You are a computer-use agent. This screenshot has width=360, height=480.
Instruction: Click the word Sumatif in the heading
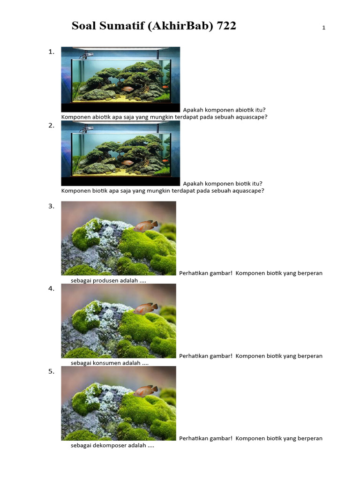click(x=121, y=26)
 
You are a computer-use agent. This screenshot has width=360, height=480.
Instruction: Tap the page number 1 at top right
click(x=323, y=28)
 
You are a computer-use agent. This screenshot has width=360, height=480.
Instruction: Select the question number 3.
click(x=51, y=206)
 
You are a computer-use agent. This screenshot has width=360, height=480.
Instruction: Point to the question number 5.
click(x=51, y=371)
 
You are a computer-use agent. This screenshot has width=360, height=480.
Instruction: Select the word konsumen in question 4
click(x=112, y=363)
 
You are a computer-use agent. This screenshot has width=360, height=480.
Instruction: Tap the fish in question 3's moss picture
click(x=146, y=226)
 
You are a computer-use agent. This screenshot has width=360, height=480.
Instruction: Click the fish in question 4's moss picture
click(x=146, y=308)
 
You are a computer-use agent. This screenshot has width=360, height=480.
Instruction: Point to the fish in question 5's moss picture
click(x=146, y=391)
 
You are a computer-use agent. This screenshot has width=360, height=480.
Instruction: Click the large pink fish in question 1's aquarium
click(x=127, y=89)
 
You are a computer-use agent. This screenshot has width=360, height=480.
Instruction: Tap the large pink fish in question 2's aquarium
click(x=127, y=163)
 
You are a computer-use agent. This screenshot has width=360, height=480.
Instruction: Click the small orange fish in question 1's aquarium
click(x=165, y=86)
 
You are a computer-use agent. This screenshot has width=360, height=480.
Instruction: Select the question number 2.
click(x=51, y=126)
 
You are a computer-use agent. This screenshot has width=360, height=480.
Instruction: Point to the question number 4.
click(x=51, y=289)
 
